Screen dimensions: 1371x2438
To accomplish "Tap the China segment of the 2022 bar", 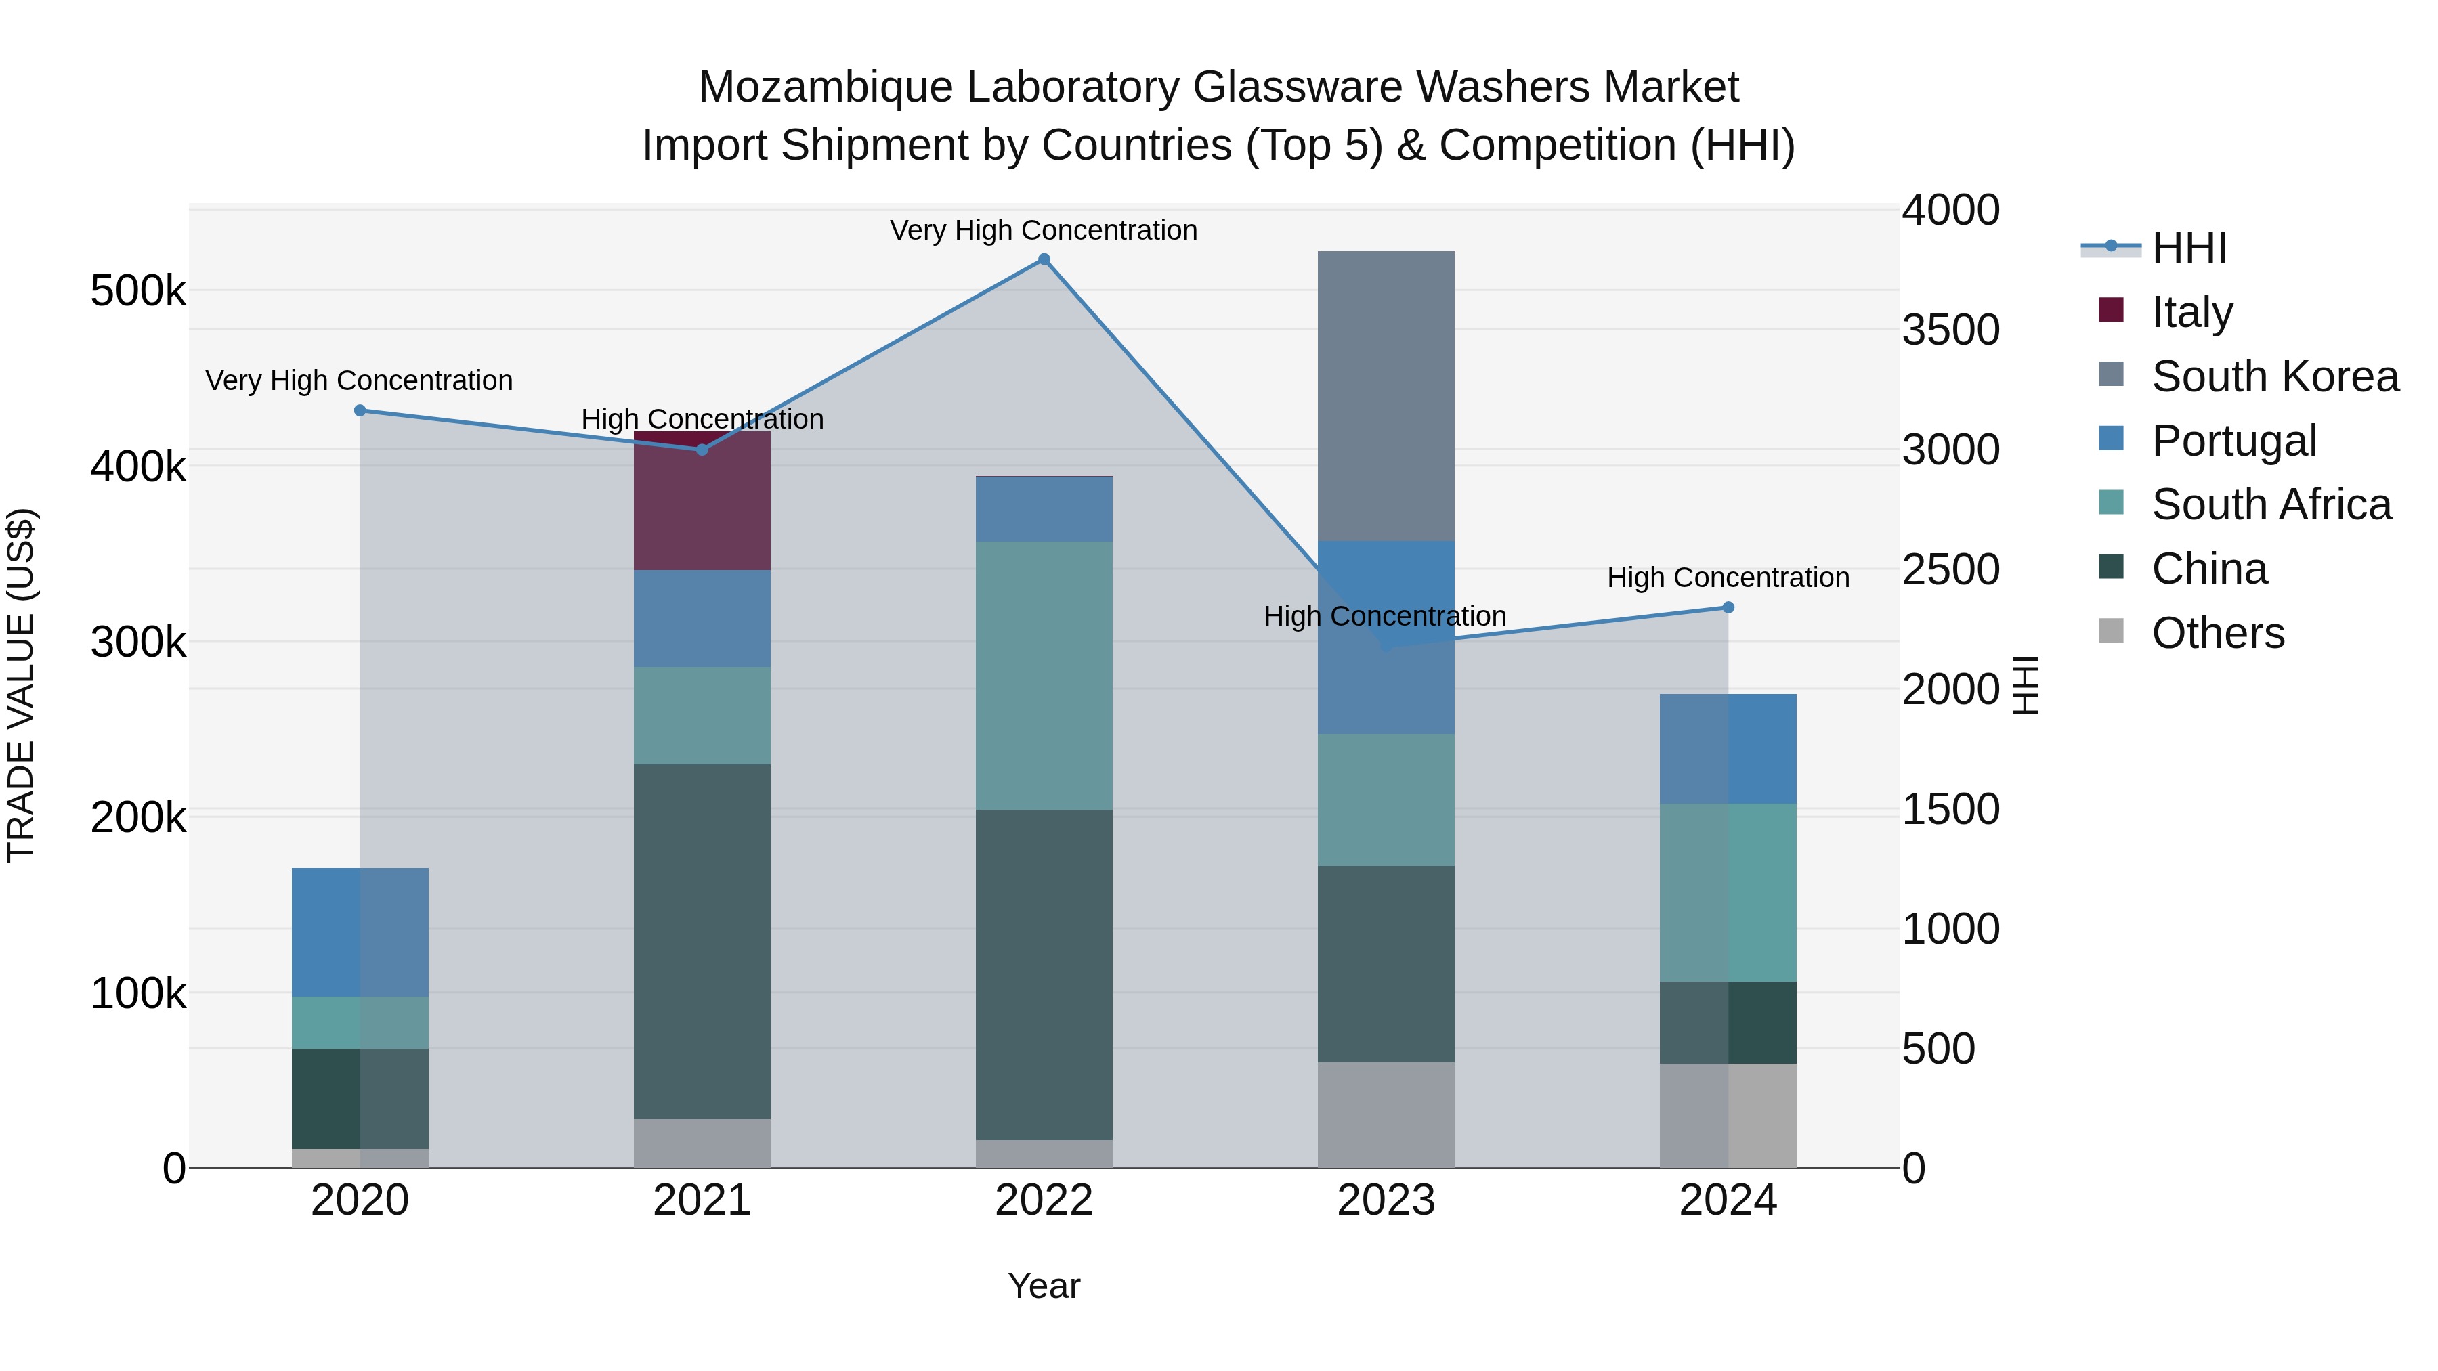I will point(1044,974).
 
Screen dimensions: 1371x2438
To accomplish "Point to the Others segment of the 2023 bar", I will point(1386,1114).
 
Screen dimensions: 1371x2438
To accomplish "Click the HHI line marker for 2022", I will point(1044,259).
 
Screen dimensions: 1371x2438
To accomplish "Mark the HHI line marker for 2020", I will point(360,411).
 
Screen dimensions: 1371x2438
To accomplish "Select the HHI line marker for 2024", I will point(1728,607).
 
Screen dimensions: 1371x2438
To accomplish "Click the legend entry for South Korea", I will point(2274,376).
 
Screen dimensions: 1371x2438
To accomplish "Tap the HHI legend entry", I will point(2188,248).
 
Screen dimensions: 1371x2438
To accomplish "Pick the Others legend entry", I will point(2217,633).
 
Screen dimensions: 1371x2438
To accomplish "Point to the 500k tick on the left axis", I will point(138,291).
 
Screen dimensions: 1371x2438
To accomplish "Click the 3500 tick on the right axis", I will point(1950,330).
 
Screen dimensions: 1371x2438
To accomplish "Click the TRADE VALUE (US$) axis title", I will point(22,685).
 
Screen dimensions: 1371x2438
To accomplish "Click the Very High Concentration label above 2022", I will point(1044,231).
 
